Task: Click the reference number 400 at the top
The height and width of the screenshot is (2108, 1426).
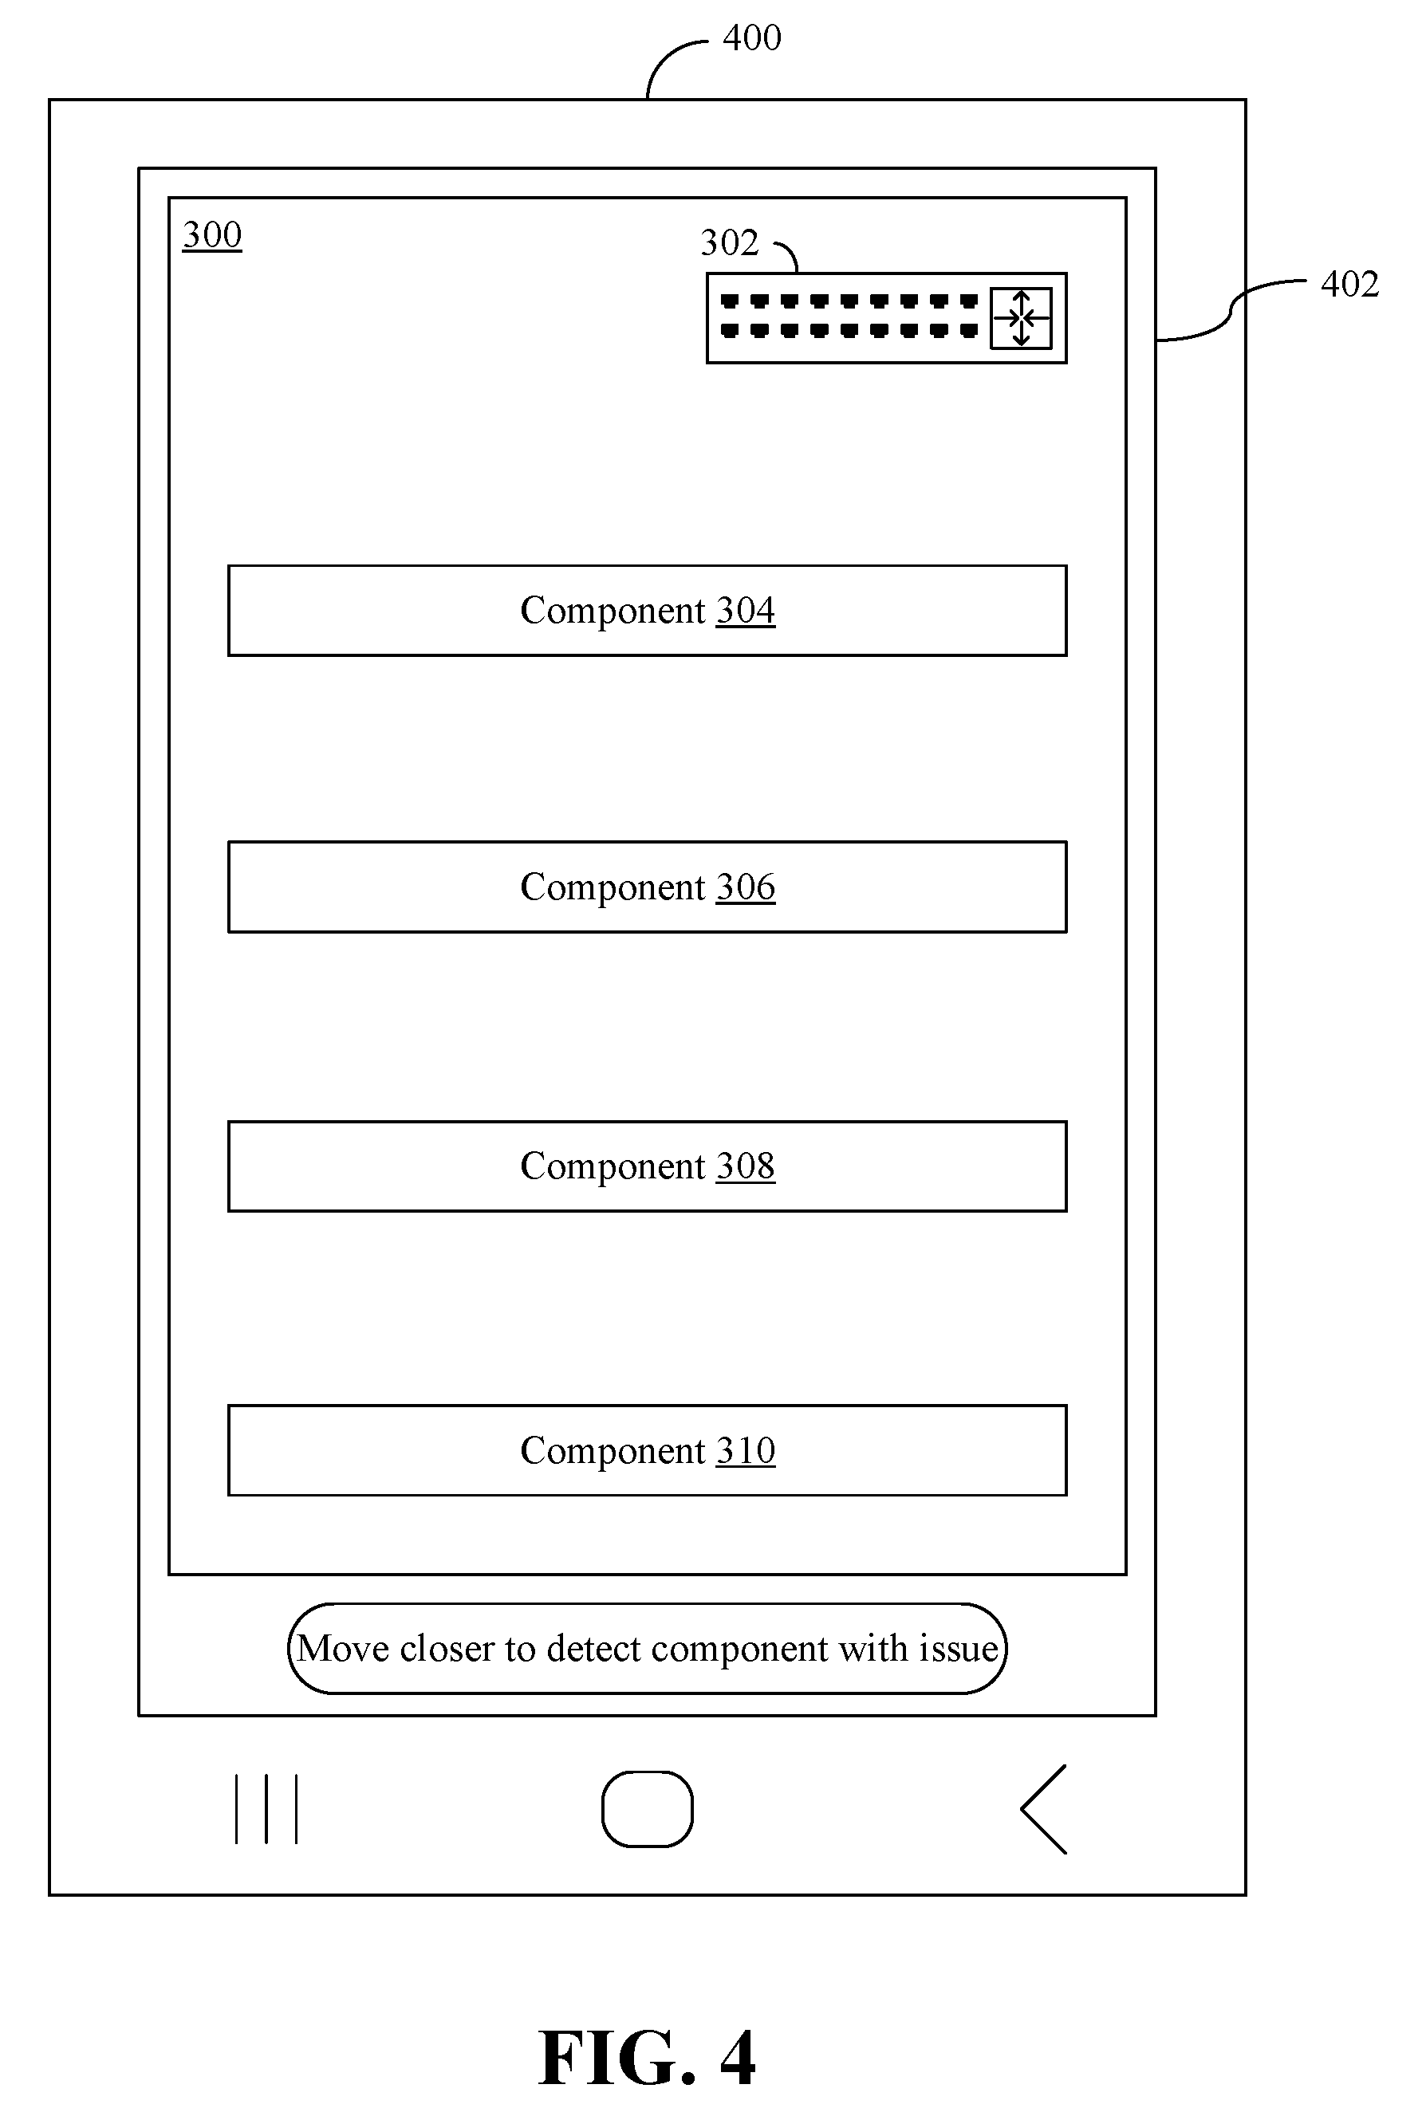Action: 751,38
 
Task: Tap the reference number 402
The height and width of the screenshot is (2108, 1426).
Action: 1349,284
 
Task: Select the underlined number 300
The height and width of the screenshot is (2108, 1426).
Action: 212,235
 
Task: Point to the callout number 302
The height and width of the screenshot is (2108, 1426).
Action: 729,242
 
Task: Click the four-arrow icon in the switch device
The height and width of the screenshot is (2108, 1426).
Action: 1021,318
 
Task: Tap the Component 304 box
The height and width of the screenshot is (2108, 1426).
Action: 647,611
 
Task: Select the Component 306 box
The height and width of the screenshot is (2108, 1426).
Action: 647,887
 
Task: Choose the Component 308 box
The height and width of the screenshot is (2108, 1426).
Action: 647,1166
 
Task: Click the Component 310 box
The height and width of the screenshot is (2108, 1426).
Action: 647,1450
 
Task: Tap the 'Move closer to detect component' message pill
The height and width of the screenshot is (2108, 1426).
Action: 647,1648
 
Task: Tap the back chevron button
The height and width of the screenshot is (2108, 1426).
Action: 1043,1809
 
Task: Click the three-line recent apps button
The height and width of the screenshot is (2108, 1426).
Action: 266,1809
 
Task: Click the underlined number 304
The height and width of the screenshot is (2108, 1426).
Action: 746,611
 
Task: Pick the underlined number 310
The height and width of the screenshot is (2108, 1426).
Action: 746,1450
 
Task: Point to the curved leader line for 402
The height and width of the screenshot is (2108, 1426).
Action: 1231,311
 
